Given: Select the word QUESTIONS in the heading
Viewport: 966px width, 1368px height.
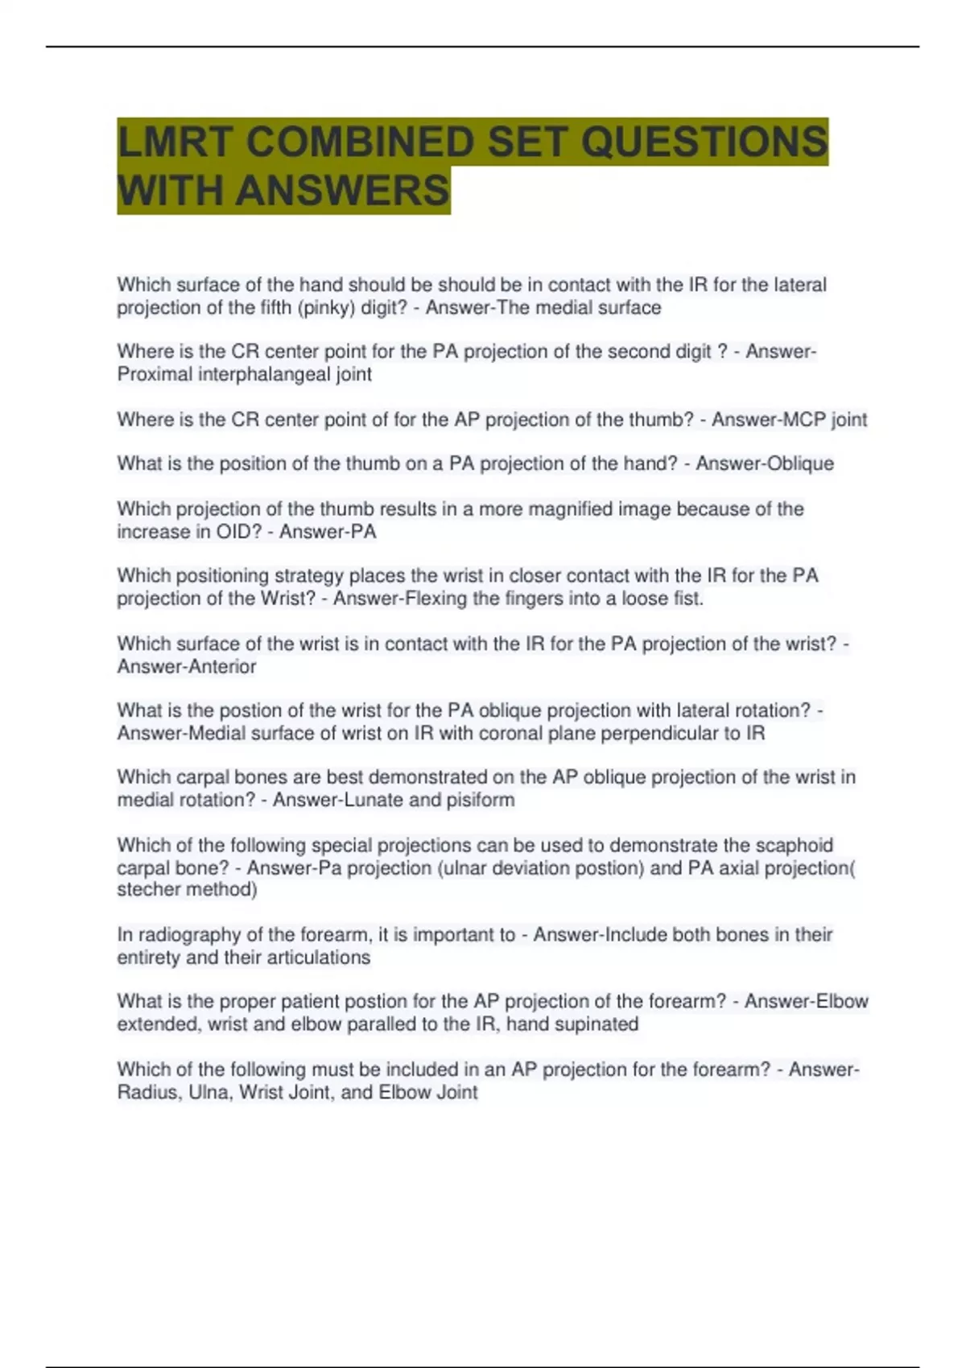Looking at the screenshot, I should pos(704,142).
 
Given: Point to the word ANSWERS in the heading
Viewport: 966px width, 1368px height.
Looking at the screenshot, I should pos(342,192).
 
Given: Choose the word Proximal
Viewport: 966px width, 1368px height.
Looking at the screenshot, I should pos(155,375).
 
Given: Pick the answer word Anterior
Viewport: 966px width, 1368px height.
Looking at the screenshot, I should pos(212,667).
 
